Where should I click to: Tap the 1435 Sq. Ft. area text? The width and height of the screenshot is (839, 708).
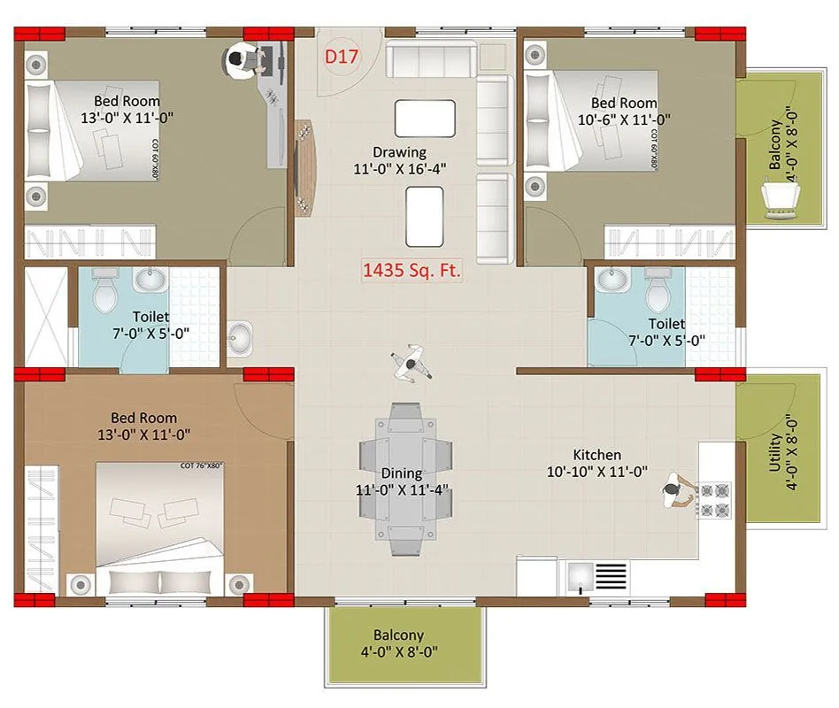tap(412, 270)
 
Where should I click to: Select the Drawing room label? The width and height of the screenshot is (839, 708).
tap(399, 151)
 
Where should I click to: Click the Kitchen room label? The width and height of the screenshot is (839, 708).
tap(596, 454)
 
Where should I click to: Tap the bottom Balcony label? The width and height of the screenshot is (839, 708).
tap(398, 635)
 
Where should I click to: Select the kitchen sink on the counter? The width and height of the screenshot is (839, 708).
tap(581, 576)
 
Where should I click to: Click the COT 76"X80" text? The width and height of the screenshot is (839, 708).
tap(202, 466)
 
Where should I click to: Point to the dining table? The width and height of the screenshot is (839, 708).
tap(406, 478)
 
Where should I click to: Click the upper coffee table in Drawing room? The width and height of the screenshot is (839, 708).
tap(425, 118)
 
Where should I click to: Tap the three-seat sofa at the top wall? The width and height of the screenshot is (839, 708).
tap(430, 60)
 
